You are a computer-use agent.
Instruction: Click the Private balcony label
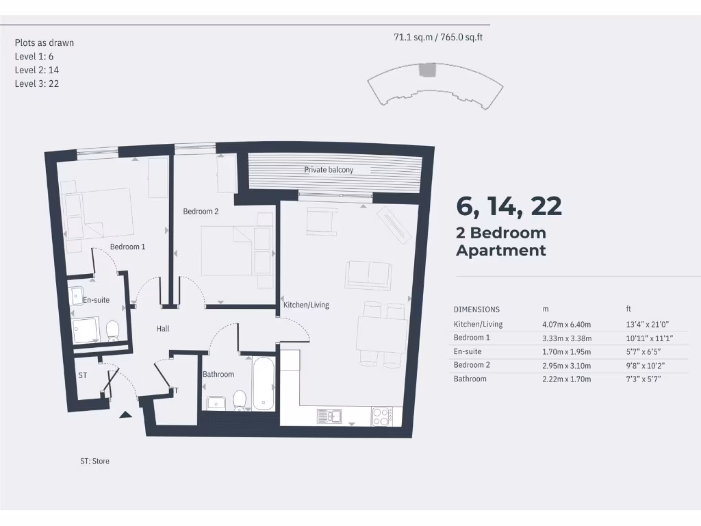point(329,169)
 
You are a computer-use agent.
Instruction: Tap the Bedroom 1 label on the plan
point(127,247)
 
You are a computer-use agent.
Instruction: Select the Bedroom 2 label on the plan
point(201,212)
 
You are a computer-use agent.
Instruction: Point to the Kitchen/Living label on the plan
point(306,304)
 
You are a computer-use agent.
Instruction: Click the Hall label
point(162,329)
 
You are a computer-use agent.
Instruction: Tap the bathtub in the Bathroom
point(264,383)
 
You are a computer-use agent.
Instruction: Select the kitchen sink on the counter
point(329,415)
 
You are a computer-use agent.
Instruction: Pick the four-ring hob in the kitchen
point(381,415)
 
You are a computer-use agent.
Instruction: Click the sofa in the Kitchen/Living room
point(368,274)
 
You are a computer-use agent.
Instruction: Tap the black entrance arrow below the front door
point(125,414)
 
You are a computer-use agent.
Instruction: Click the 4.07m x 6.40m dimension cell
point(566,324)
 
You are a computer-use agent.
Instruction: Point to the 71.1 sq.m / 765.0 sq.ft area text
point(438,38)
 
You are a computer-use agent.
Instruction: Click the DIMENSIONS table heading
point(476,310)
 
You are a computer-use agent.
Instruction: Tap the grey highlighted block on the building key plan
point(427,70)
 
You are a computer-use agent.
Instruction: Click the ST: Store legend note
point(94,461)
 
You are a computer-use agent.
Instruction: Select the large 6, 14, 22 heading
point(509,205)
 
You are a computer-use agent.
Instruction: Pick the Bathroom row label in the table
point(470,379)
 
